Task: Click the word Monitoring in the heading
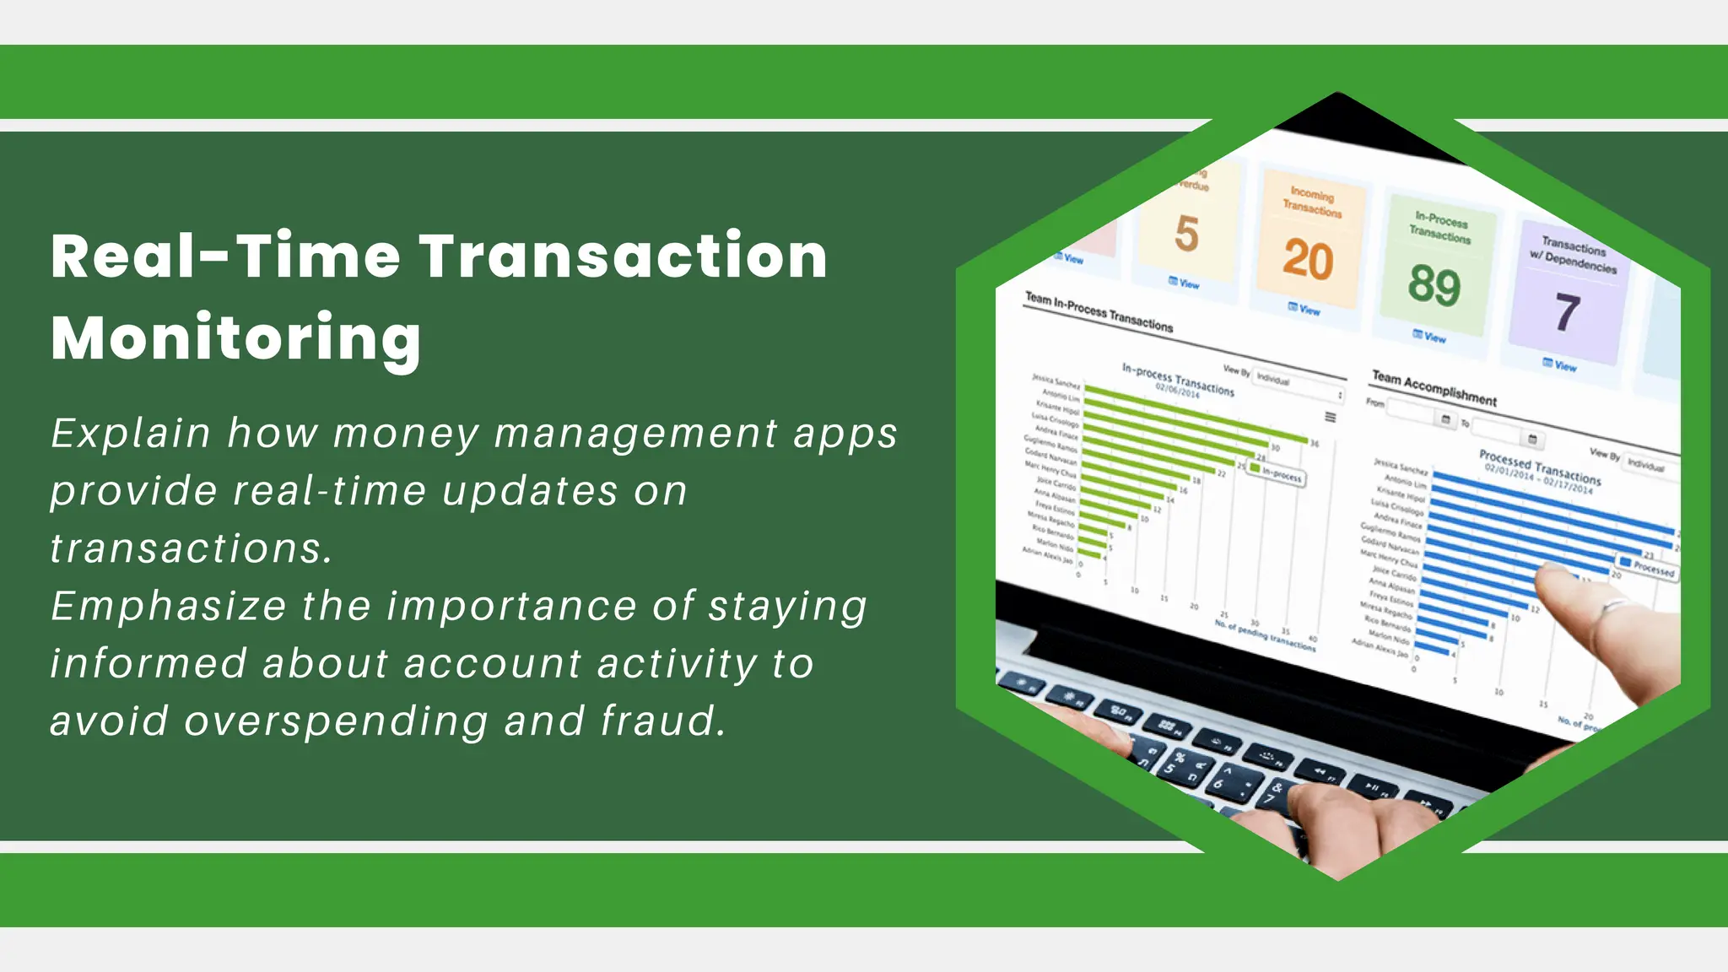click(235, 338)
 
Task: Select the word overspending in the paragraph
click(336, 722)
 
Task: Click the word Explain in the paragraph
click(130, 434)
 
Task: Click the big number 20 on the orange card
click(1308, 259)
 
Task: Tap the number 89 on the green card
click(1434, 285)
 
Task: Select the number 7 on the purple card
click(1567, 312)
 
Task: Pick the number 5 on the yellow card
click(1186, 234)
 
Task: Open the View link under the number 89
click(1429, 337)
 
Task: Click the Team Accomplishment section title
click(1434, 388)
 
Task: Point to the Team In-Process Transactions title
click(1099, 311)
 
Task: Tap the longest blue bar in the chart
click(1552, 502)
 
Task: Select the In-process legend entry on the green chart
click(1277, 474)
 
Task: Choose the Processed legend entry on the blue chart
click(1646, 567)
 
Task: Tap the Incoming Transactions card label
click(1312, 202)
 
